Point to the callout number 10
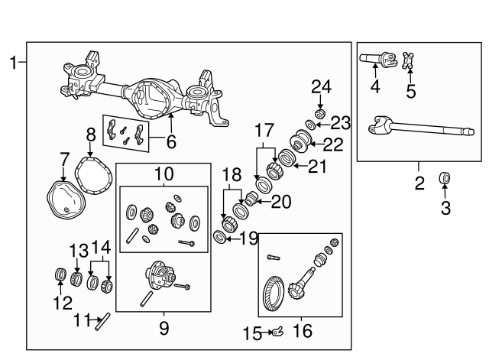(x=161, y=175)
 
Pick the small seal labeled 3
(x=445, y=179)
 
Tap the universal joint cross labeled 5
(x=409, y=60)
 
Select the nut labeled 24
(x=320, y=106)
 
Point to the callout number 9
(x=164, y=329)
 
